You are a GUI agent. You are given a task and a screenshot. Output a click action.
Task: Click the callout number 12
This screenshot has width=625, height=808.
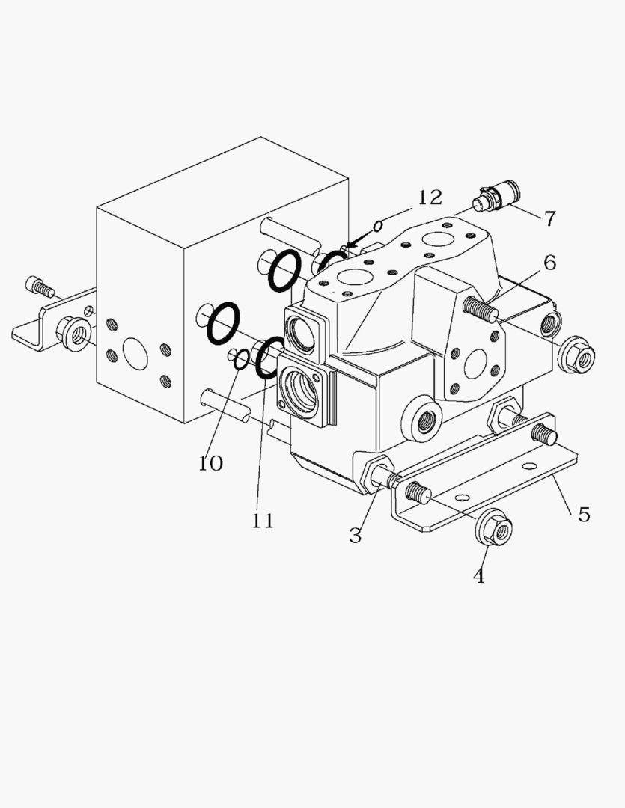tap(430, 198)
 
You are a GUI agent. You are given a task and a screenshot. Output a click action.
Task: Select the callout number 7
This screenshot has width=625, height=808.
tap(550, 219)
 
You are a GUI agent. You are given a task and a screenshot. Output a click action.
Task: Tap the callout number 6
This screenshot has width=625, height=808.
tap(550, 263)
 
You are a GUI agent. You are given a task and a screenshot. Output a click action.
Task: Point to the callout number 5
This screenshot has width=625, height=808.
tap(584, 515)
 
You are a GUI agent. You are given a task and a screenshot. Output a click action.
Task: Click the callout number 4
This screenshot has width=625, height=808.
tap(478, 576)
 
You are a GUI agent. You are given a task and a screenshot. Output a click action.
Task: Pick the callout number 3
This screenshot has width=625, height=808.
tap(356, 536)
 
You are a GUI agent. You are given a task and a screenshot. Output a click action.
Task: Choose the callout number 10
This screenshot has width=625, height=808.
tap(211, 463)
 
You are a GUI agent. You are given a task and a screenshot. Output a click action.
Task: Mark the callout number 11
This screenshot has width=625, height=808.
tap(263, 521)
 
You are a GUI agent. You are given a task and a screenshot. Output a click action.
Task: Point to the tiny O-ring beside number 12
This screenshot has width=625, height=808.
tap(379, 224)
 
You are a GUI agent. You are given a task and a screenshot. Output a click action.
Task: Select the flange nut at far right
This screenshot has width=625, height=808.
tap(576, 355)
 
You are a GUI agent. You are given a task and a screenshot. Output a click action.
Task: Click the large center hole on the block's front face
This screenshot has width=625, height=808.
tap(135, 353)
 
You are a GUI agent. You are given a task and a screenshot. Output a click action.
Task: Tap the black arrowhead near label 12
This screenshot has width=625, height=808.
tap(352, 243)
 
